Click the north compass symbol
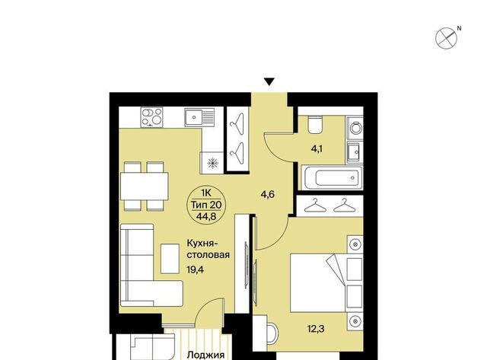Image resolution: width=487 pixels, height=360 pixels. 447,38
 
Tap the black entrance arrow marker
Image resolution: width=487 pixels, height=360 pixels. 269,82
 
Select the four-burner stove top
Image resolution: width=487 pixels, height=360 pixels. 151,117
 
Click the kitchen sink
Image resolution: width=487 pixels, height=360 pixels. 199,117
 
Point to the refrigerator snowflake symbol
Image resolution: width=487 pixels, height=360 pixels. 212,163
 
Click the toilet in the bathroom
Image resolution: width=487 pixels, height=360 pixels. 314,125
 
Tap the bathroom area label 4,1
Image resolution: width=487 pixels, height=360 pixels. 317,149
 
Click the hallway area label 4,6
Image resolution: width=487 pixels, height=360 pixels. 267,195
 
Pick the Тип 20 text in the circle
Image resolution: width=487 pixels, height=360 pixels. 206,205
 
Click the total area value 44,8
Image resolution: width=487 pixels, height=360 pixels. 206,216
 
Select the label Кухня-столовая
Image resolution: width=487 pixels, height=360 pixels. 208,249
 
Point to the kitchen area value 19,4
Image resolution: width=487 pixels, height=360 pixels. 195,269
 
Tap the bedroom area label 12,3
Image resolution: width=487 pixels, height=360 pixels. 316,328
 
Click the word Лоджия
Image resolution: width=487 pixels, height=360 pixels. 205,355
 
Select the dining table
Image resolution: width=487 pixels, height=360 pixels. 145,186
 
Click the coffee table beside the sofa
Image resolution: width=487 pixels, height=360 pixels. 170,259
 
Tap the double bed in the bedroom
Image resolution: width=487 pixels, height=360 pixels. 318,283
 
